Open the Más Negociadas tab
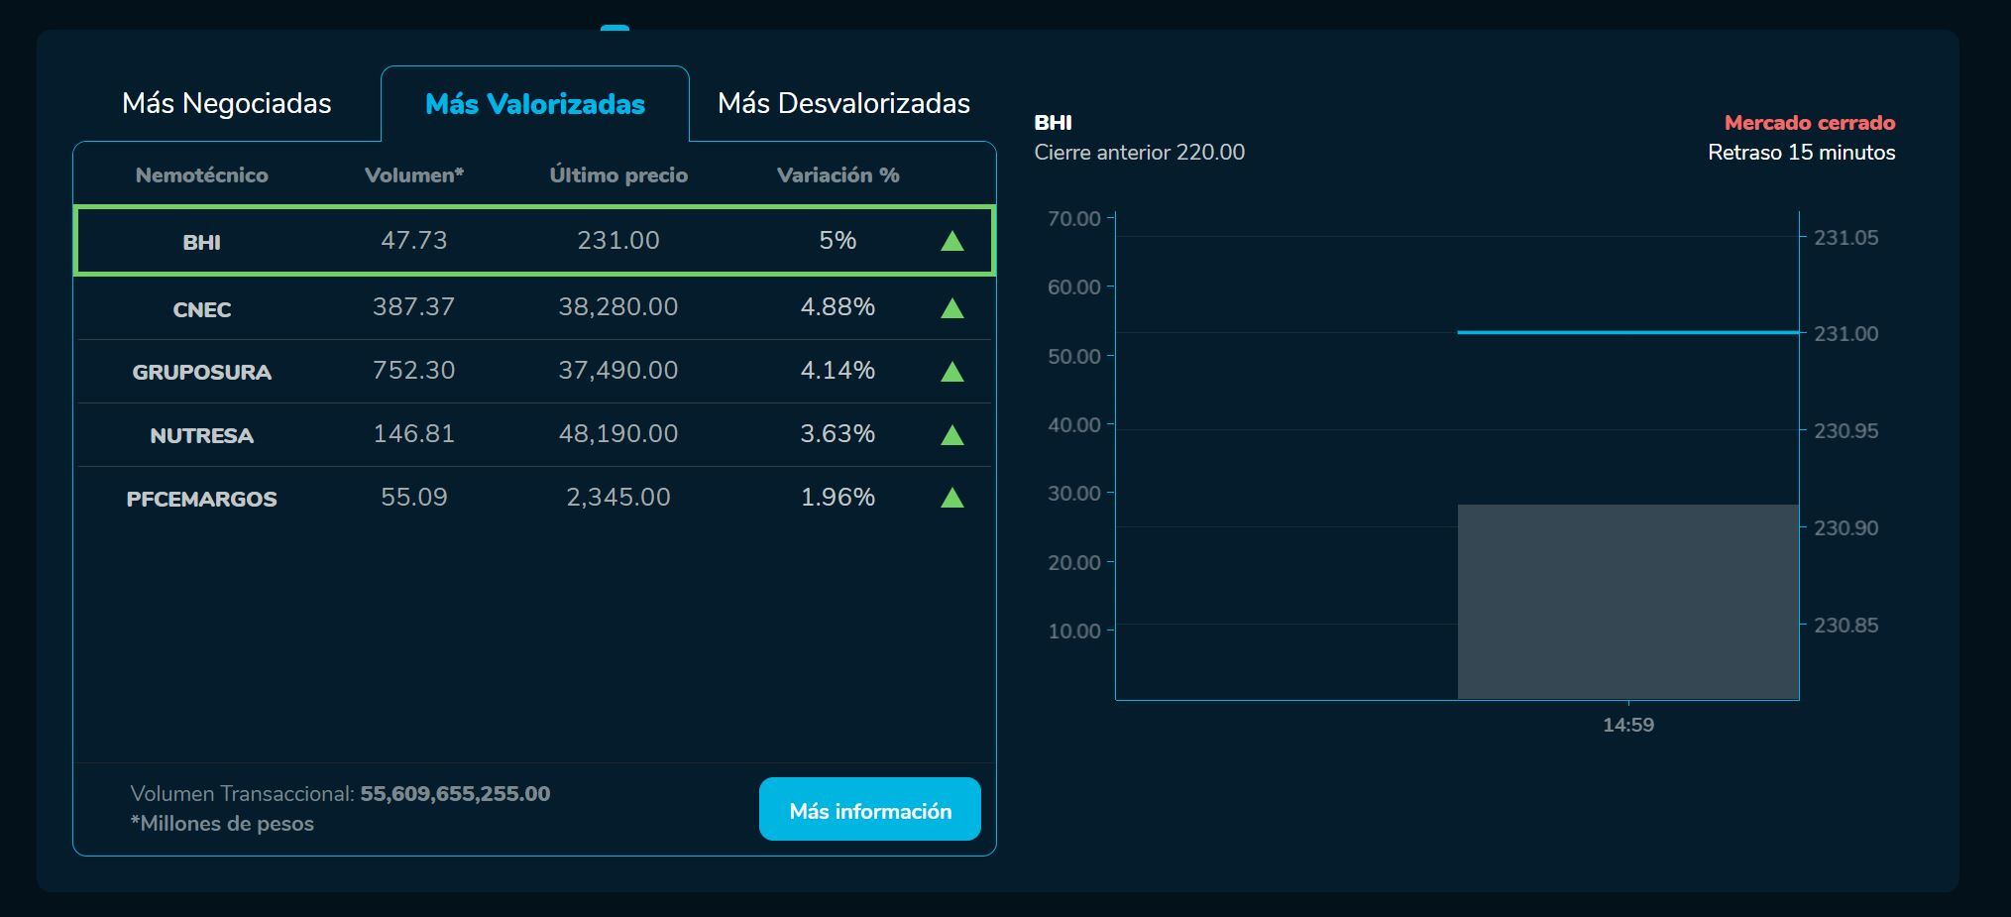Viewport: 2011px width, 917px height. (226, 104)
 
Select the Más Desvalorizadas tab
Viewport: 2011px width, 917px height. (843, 104)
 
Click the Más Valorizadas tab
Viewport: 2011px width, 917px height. (535, 104)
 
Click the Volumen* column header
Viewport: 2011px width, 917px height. (414, 175)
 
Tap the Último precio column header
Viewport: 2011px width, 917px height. (618, 175)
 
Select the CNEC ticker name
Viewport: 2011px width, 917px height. (202, 309)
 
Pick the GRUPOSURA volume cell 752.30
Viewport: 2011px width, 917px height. (414, 371)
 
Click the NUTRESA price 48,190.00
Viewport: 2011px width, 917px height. (618, 434)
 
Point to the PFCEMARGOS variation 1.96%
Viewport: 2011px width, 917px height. (838, 498)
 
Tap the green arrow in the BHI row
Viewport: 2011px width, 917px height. (952, 241)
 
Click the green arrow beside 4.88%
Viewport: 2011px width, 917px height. (952, 308)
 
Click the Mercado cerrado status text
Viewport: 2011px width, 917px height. (1810, 123)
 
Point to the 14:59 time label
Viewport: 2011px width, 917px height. (1628, 725)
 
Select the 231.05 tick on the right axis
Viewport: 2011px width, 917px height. (1845, 238)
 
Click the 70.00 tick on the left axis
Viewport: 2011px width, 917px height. (1074, 219)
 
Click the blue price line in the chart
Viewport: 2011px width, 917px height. (1627, 332)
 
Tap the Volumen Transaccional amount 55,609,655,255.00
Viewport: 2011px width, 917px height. (455, 794)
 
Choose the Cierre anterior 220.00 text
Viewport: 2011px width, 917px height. (1140, 153)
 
